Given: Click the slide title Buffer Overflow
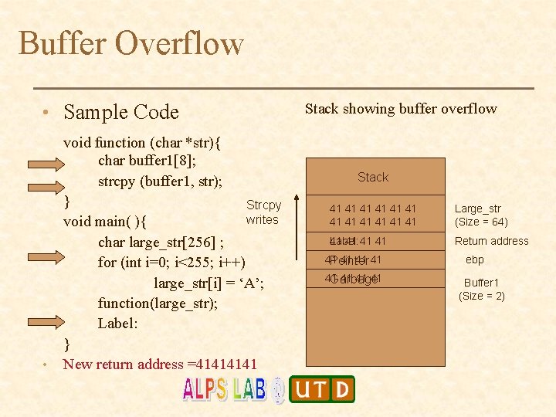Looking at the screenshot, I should (x=131, y=43).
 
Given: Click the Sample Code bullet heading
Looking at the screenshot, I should (x=121, y=112).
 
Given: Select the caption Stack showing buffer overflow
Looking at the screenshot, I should (x=401, y=109).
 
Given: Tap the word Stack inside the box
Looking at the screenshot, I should (x=373, y=177).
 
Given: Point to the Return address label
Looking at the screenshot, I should (x=492, y=241).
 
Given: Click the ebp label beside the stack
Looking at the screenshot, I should (x=475, y=260).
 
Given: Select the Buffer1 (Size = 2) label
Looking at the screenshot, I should (x=482, y=290).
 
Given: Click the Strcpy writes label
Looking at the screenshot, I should (x=263, y=212).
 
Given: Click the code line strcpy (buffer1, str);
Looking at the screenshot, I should (x=160, y=181).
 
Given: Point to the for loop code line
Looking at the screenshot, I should (x=171, y=263).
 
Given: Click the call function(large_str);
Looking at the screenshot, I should (x=158, y=303).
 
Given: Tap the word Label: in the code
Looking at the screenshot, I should (x=117, y=324).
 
